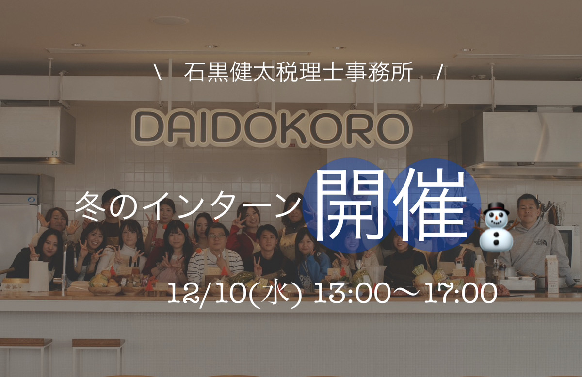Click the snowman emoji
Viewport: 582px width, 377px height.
click(x=495, y=225)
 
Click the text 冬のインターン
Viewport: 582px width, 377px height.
click(x=187, y=208)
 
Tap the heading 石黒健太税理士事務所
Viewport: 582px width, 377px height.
click(x=299, y=73)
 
